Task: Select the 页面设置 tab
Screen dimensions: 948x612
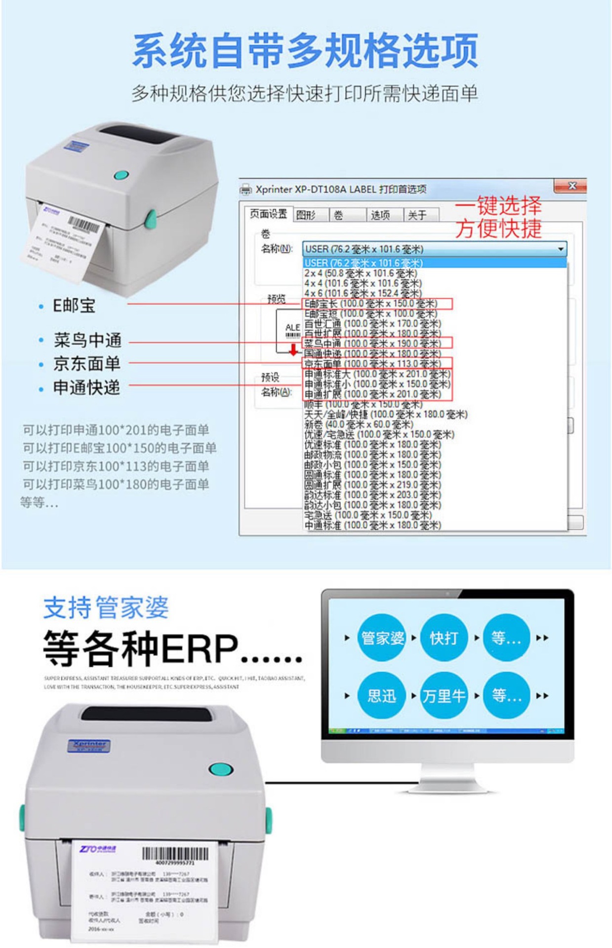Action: pyautogui.click(x=268, y=214)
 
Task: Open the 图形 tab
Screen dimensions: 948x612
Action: pyautogui.click(x=306, y=215)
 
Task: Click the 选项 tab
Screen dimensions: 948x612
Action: pyautogui.click(x=380, y=215)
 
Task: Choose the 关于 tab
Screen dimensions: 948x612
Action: pyautogui.click(x=417, y=215)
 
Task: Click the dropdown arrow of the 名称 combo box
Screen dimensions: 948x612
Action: pyautogui.click(x=560, y=249)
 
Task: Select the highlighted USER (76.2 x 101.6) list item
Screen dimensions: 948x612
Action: pyautogui.click(x=363, y=263)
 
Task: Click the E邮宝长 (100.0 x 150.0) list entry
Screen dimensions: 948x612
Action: pyautogui.click(x=370, y=303)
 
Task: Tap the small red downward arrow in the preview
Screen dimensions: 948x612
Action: pyautogui.click(x=293, y=350)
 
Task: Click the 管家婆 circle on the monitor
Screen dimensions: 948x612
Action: pyautogui.click(x=382, y=637)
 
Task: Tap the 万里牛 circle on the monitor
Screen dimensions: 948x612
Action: pyautogui.click(x=443, y=696)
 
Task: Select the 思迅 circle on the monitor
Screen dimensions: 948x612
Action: pyautogui.click(x=382, y=696)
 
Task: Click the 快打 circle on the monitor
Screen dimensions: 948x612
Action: pyautogui.click(x=443, y=637)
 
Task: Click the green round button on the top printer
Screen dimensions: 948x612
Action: pyautogui.click(x=122, y=175)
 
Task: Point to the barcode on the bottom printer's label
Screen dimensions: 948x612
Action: pyautogui.click(x=175, y=854)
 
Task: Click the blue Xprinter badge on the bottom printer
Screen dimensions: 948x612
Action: pyautogui.click(x=89, y=745)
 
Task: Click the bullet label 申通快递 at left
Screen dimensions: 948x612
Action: pyautogui.click(x=86, y=388)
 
